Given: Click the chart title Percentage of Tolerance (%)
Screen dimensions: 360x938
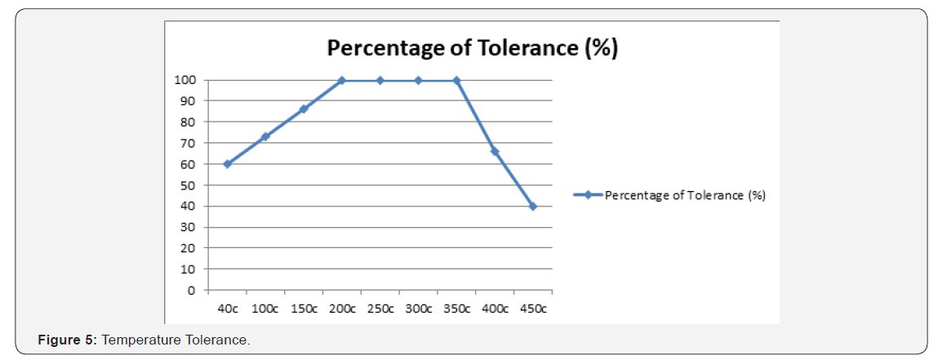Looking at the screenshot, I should click(472, 48).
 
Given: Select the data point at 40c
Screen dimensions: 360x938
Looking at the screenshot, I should click(227, 164).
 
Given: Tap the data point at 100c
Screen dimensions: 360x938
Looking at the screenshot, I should click(265, 136).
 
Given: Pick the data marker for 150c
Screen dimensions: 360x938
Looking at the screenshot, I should click(304, 109).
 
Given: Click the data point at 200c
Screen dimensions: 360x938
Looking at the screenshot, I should click(342, 80).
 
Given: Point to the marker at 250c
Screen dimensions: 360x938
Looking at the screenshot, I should click(380, 80).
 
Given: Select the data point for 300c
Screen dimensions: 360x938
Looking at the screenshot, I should click(418, 80).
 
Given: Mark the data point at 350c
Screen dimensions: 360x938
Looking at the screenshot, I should click(456, 80).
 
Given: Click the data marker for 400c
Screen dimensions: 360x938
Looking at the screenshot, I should click(495, 151).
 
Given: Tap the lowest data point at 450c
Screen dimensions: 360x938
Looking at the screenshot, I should click(533, 206).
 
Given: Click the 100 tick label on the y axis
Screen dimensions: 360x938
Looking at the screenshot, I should click(184, 80).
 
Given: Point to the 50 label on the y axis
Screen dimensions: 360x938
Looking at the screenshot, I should click(188, 185).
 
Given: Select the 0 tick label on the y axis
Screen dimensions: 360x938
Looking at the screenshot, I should click(191, 290).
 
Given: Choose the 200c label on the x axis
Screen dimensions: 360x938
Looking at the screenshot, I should click(342, 309).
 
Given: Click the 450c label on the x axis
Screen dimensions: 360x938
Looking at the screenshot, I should click(533, 309).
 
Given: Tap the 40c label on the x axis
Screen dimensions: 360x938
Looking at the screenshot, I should click(227, 309).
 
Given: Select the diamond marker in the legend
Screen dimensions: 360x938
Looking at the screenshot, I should click(587, 195).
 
